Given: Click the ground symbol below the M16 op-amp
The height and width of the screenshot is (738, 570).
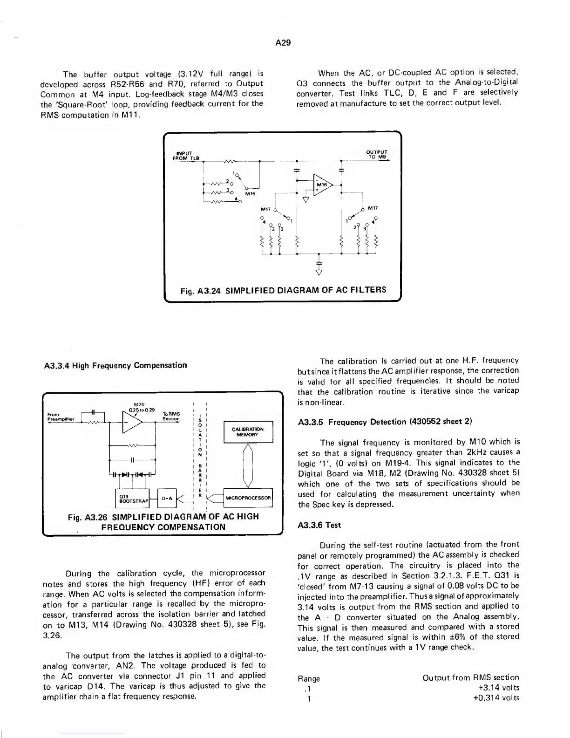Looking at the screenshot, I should click(x=305, y=200).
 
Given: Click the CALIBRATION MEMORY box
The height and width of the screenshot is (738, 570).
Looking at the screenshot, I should click(x=248, y=432).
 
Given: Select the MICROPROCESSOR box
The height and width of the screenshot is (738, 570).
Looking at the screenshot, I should click(x=248, y=498).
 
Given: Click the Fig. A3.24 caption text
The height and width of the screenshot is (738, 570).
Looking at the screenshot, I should click(x=283, y=290).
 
